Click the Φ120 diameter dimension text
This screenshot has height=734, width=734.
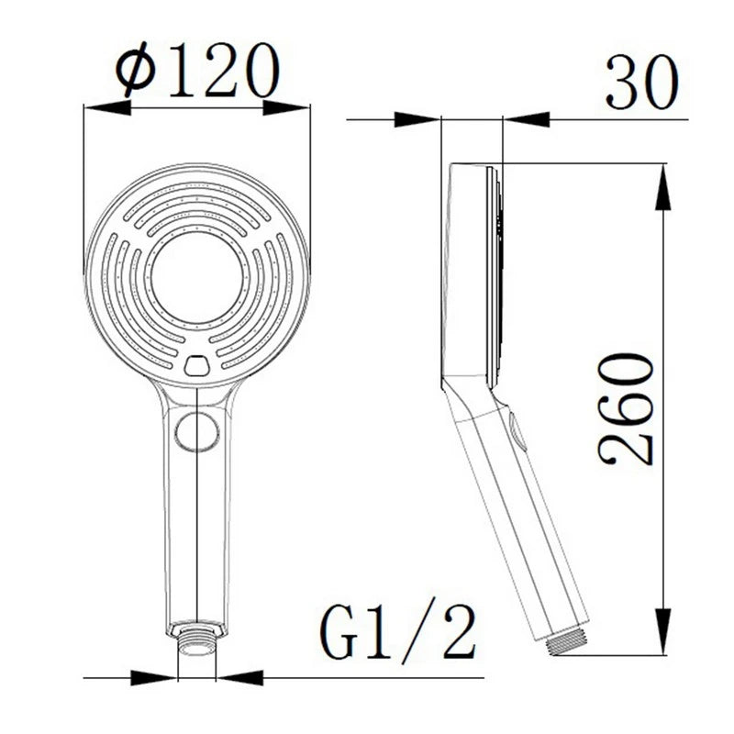pyautogui.click(x=196, y=71)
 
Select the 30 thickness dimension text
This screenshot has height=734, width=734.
pyautogui.click(x=641, y=83)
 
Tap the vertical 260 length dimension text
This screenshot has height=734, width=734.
pyautogui.click(x=626, y=408)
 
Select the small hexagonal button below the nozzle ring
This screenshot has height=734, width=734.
pyautogui.click(x=197, y=365)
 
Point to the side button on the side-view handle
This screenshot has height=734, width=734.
pyautogui.click(x=517, y=433)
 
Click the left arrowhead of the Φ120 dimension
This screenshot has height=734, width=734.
pyautogui.click(x=106, y=107)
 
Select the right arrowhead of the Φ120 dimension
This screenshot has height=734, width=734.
pyautogui.click(x=286, y=107)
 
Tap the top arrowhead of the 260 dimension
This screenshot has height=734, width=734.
pyautogui.click(x=662, y=185)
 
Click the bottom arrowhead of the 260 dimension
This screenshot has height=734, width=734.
pyautogui.click(x=662, y=633)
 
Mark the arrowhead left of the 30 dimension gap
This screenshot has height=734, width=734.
pyautogui.click(x=417, y=118)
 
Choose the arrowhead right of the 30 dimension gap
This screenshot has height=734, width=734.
pyautogui.click(x=528, y=118)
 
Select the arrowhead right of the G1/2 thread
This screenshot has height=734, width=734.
pyautogui.click(x=239, y=678)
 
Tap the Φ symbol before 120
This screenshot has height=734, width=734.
pyautogui.click(x=136, y=72)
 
